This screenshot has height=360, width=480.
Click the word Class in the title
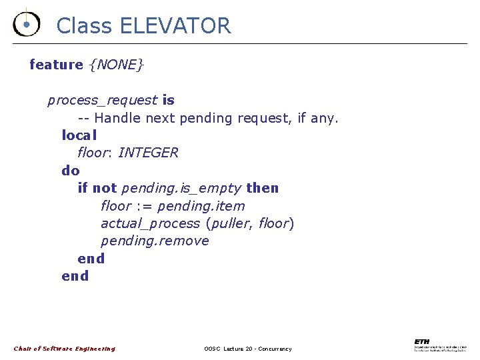click(85, 26)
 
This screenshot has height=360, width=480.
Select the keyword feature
click(56, 65)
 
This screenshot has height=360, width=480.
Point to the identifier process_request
click(102, 101)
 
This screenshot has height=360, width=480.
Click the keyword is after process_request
click(168, 100)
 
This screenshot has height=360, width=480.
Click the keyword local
click(79, 135)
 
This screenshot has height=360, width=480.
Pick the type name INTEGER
click(148, 153)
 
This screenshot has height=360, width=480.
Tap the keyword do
click(70, 171)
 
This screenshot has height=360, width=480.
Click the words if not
click(97, 188)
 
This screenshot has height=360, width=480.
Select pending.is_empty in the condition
click(181, 189)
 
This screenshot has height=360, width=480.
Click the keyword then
click(262, 188)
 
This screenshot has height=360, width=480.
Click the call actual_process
click(150, 223)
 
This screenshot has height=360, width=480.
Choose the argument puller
click(231, 223)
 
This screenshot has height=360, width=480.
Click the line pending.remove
click(155, 241)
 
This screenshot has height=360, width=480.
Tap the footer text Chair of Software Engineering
click(65, 349)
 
